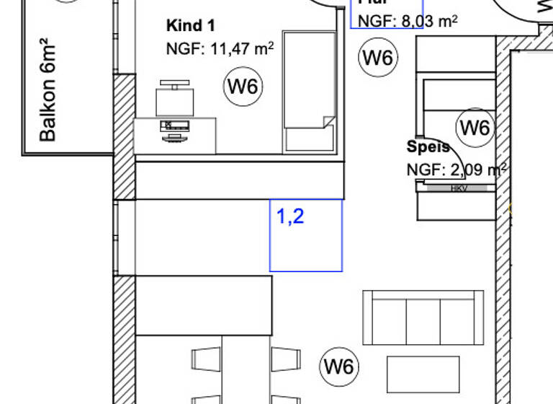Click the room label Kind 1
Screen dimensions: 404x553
(x=191, y=26)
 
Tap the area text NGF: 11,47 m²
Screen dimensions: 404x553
(x=220, y=49)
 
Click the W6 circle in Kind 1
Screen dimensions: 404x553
(x=243, y=87)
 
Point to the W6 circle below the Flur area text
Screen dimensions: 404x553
(x=378, y=57)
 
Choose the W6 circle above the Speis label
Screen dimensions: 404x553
(x=475, y=128)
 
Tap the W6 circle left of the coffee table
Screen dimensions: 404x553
(x=339, y=366)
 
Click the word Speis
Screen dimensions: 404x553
(x=428, y=146)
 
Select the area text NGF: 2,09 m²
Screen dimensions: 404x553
(x=457, y=170)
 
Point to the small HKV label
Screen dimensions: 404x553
(x=459, y=188)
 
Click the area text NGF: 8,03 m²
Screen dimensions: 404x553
(x=408, y=21)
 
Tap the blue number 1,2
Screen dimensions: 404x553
(x=290, y=215)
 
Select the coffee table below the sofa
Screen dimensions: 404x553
(x=423, y=373)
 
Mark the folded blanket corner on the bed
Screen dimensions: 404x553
(x=328, y=121)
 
